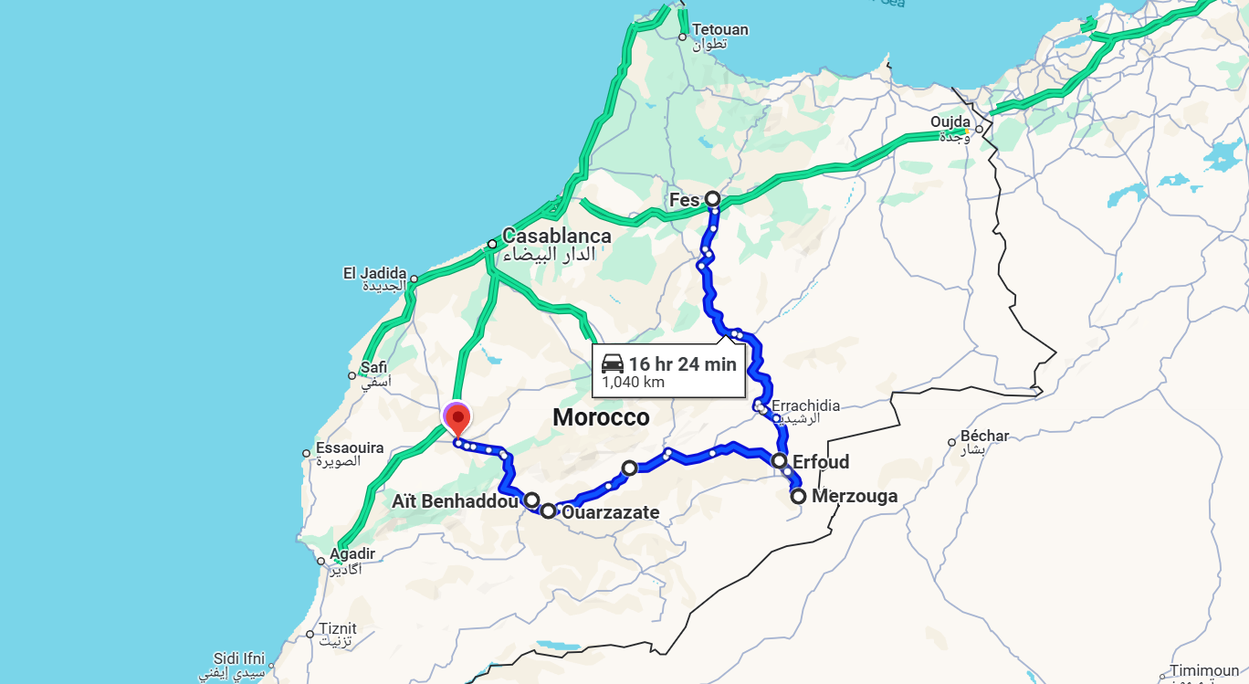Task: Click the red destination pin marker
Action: point(457,418)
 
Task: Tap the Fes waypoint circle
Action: point(712,199)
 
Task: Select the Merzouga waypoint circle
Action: point(799,497)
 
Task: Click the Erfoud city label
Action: point(821,462)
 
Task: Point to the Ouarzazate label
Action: point(610,512)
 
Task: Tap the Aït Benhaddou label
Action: point(455,501)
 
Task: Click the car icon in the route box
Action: point(613,363)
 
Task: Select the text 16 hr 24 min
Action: point(682,364)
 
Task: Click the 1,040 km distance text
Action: point(633,382)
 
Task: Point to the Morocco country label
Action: point(601,417)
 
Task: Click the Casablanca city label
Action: point(557,237)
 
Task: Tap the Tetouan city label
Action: point(720,30)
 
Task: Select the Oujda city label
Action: point(950,122)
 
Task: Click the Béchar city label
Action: point(984,437)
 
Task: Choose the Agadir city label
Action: point(352,554)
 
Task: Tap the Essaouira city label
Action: point(350,448)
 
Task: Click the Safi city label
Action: point(373,368)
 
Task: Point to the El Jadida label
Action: point(374,273)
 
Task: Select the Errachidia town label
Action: point(805,405)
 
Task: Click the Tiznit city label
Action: point(338,629)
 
